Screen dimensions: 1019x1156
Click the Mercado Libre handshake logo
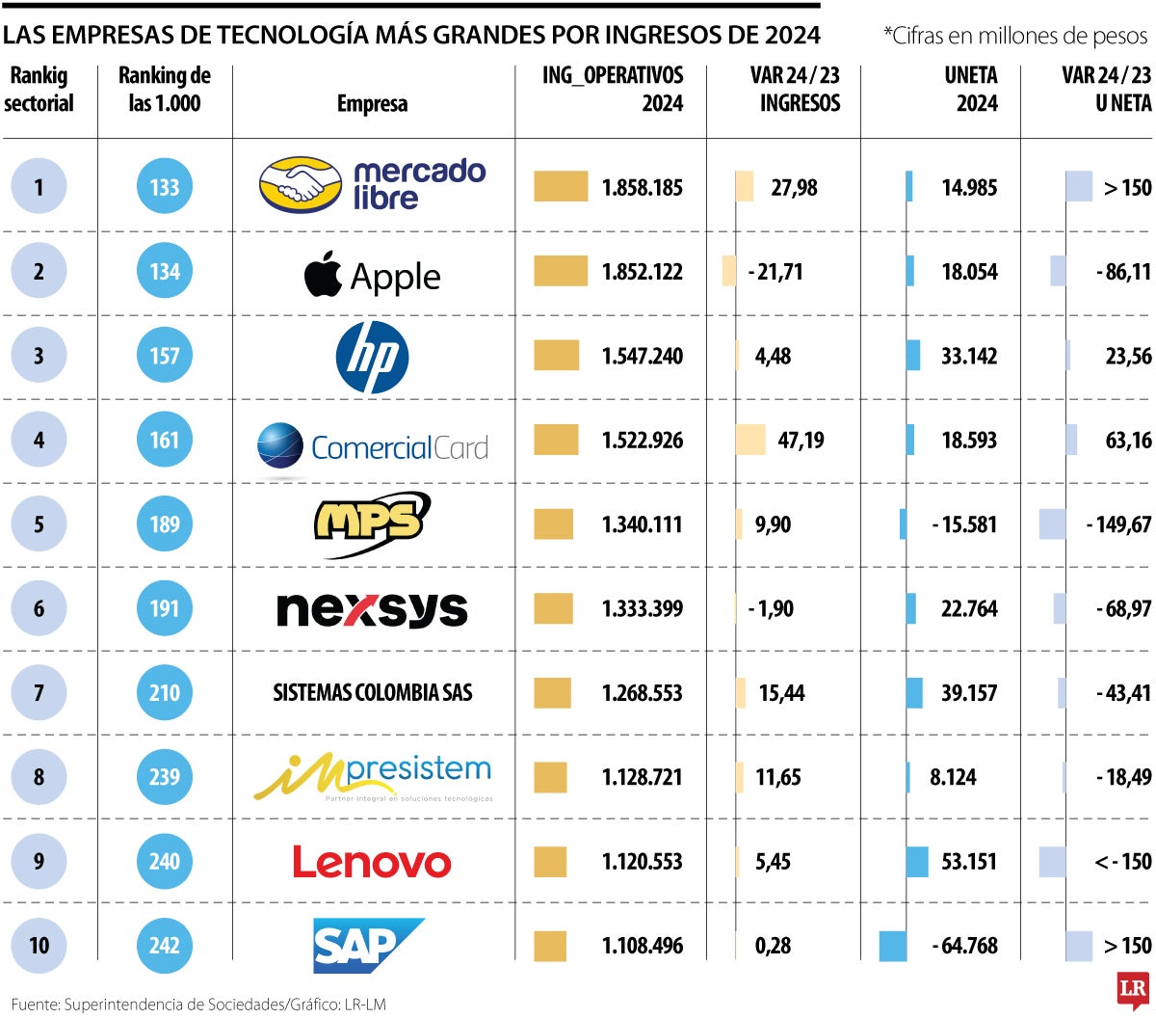pyautogui.click(x=301, y=185)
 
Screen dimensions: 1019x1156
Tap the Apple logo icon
pyautogui.click(x=323, y=274)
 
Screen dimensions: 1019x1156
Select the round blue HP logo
pyautogui.click(x=372, y=357)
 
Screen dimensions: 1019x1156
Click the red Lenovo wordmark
pyautogui.click(x=372, y=862)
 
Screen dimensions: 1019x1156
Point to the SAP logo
pyautogui.click(x=368, y=945)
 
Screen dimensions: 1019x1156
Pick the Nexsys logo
pyautogui.click(x=372, y=609)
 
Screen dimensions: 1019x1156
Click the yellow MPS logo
pyautogui.click(x=372, y=523)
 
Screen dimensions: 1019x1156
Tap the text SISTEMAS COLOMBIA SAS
pyautogui.click(x=372, y=692)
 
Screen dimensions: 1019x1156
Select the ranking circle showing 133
pyautogui.click(x=165, y=187)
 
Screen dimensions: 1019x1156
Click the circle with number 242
pyautogui.click(x=165, y=946)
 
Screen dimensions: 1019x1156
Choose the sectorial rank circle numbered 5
pyautogui.click(x=39, y=524)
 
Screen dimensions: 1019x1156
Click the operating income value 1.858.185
pyautogui.click(x=642, y=187)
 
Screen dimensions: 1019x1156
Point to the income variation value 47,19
pyautogui.click(x=801, y=441)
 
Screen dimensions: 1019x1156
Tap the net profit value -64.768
pyautogui.click(x=964, y=946)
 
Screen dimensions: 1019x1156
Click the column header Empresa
pyautogui.click(x=372, y=103)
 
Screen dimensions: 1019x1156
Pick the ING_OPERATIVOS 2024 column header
pyautogui.click(x=613, y=89)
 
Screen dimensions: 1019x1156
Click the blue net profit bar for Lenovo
pyautogui.click(x=917, y=862)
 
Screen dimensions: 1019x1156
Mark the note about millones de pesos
pyautogui.click(x=1015, y=36)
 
